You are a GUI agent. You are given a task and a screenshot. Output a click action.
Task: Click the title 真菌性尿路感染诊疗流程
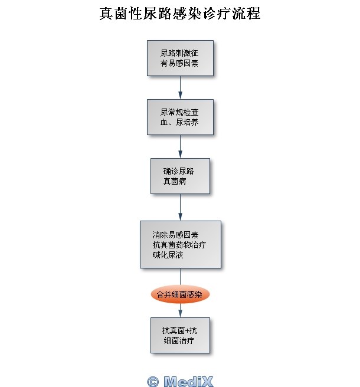click(180, 14)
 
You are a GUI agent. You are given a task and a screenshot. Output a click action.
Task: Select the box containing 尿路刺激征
click(180, 58)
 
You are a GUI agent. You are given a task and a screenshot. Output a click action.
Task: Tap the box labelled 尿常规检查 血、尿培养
click(180, 117)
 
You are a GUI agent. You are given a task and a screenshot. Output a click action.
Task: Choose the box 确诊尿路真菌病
click(180, 176)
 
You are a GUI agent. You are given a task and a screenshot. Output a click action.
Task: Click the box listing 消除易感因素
click(180, 244)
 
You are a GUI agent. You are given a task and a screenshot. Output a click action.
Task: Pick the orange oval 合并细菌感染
click(180, 294)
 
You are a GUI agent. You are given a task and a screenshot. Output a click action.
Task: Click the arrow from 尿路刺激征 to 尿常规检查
click(180, 87)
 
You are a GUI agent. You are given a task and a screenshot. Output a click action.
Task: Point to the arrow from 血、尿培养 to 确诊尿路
click(180, 146)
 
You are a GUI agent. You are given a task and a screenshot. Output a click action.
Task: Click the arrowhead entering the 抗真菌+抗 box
click(180, 314)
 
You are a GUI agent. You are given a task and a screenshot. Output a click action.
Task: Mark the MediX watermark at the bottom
click(180, 381)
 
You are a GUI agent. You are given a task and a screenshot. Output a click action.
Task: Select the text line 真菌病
click(175, 182)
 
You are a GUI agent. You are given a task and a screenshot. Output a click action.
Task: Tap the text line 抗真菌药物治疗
click(178, 244)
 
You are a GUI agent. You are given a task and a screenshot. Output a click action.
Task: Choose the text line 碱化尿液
click(168, 254)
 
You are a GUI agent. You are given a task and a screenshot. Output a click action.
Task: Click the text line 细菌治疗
click(179, 341)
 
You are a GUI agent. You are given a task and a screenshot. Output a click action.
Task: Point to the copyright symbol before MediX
click(153, 381)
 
